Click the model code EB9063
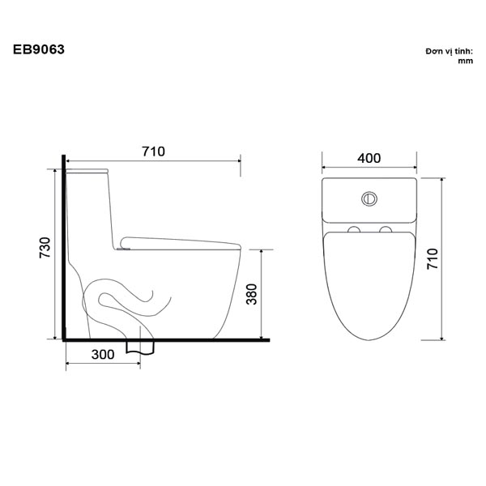39,49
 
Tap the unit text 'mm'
465,61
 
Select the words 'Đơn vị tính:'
448,50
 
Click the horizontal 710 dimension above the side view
153,151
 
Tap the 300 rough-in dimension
102,355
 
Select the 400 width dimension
369,159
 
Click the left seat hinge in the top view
353,230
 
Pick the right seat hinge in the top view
385,230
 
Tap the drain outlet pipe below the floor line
140,347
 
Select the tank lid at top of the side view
87,172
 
